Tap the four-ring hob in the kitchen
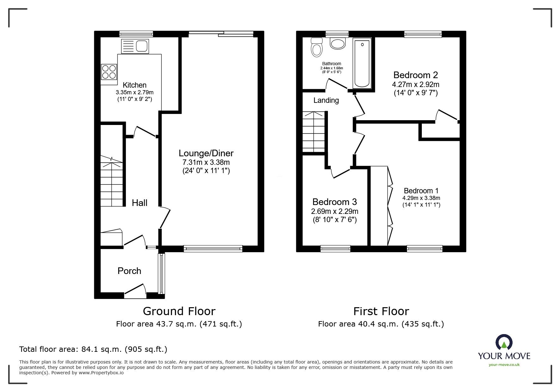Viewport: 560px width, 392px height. tap(109, 72)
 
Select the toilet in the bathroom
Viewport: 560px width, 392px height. tap(317, 47)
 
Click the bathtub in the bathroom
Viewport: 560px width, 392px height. tap(362, 63)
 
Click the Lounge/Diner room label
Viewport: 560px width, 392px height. tap(206, 153)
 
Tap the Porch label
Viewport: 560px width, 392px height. tap(129, 271)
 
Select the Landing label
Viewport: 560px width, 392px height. tap(326, 100)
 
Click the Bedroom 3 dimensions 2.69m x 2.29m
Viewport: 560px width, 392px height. tap(335, 211)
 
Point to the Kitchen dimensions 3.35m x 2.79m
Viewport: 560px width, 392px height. tap(134, 92)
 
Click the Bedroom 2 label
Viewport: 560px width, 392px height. tap(415, 75)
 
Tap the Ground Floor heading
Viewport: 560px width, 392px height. tap(179, 311)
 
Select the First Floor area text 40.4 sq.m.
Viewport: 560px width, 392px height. tap(381, 324)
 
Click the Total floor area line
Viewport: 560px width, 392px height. tap(93, 349)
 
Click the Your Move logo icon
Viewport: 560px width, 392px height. tap(504, 343)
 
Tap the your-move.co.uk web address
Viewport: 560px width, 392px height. tap(504, 365)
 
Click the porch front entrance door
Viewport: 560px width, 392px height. tap(135, 291)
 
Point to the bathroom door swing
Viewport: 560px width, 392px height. tap(337, 84)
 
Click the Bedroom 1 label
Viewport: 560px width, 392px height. tap(421, 191)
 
